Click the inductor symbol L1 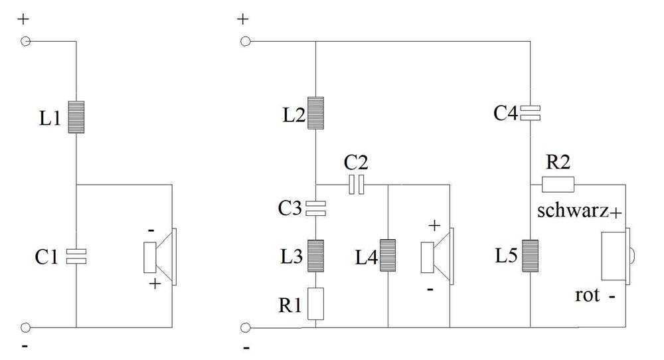tap(76, 117)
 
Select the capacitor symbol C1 tap(76, 256)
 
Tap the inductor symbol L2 tap(315, 113)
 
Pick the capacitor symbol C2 tap(356, 185)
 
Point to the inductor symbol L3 tap(315, 256)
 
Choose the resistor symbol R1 tap(315, 304)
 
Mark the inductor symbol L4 tap(388, 256)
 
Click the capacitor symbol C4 tap(530, 113)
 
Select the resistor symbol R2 tap(558, 185)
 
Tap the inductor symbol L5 tap(530, 256)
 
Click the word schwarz tap(573, 211)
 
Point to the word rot tap(588, 295)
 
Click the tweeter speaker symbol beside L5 tap(618, 256)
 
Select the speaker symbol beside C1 tap(160, 257)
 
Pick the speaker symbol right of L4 tap(438, 256)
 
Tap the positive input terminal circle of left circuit tap(26, 41)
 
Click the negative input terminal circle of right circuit tap(245, 328)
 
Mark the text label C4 tap(505, 114)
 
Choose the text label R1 tap(290, 305)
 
